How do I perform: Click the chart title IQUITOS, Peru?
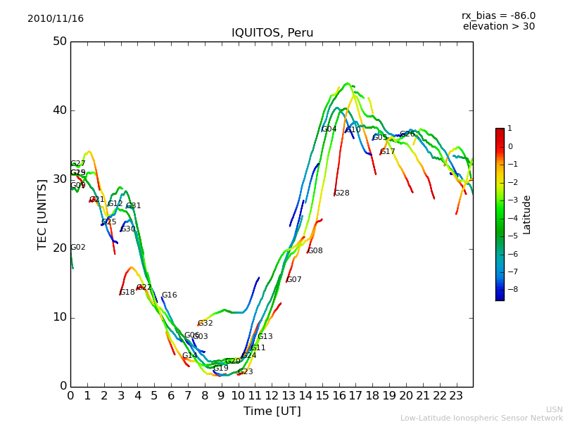[272, 33]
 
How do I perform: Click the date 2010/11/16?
[56, 19]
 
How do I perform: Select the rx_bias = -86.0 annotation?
[498, 16]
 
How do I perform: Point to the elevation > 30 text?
[499, 27]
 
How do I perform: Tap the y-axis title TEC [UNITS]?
[42, 214]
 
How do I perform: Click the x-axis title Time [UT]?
[272, 411]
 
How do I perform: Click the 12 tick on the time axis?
[272, 396]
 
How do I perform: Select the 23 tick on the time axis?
[456, 396]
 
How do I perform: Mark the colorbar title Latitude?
[527, 215]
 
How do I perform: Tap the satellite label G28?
[342, 193]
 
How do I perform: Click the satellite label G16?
[170, 295]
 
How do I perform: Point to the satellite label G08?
[315, 251]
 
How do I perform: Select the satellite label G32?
[205, 324]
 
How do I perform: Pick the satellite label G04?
[329, 129]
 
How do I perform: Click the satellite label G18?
[127, 293]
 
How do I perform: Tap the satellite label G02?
[78, 248]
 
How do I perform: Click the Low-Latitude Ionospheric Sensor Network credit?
[481, 418]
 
